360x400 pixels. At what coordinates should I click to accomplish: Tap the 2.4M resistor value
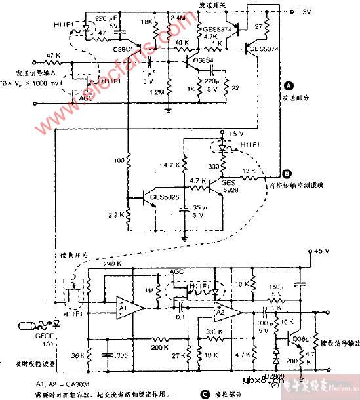pyautogui.click(x=178, y=18)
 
